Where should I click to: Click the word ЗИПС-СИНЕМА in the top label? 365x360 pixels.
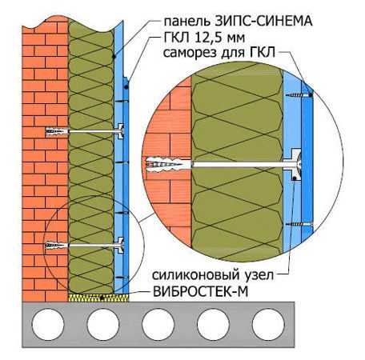coord(263,22)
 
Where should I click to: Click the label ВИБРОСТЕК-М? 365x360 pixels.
coord(201,291)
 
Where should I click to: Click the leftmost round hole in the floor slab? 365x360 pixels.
coord(48,324)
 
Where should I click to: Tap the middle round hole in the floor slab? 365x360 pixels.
coord(158,324)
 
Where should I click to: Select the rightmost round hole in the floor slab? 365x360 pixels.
coord(268,324)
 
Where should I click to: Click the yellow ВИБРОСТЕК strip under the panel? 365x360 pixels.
coord(98,298)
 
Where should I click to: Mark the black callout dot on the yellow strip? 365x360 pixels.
coord(102,298)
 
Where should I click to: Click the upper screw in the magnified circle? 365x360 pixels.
coord(299,94)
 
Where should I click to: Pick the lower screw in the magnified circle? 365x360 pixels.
coord(299,224)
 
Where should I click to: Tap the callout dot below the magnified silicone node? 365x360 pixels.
coord(294,178)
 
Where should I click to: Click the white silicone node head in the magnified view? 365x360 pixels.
coord(296,164)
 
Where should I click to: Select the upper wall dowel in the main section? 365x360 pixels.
coord(57,131)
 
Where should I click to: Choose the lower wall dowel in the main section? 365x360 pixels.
coord(57,245)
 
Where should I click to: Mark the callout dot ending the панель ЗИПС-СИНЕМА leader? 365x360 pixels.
coord(114,57)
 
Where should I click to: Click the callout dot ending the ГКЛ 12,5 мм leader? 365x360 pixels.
coord(126,87)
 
